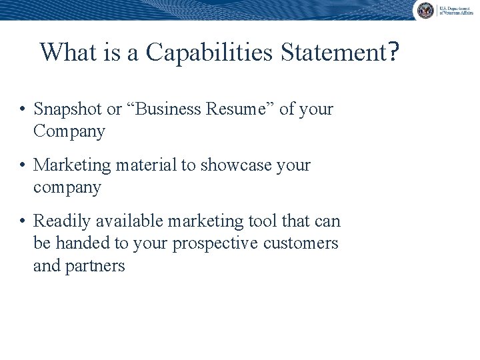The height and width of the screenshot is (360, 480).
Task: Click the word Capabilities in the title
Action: (209, 52)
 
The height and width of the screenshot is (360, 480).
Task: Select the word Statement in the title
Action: (331, 52)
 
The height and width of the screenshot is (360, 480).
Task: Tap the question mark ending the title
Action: (393, 52)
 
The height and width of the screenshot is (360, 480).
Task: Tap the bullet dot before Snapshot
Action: (23, 109)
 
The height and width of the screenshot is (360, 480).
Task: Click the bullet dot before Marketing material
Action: (23, 165)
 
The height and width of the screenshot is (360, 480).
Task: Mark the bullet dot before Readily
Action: (23, 221)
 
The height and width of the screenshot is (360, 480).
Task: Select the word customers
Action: (301, 243)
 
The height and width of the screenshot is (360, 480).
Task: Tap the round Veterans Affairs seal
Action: (425, 9)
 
